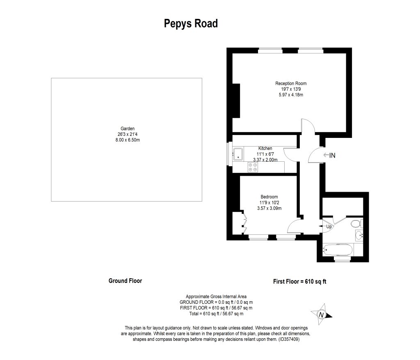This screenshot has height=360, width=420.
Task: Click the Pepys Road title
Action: click(x=191, y=23)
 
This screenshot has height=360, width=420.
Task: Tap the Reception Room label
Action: click(x=291, y=83)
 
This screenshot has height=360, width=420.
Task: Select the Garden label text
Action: click(x=128, y=128)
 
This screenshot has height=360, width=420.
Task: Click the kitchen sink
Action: click(x=238, y=154)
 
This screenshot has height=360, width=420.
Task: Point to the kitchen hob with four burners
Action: click(x=253, y=167)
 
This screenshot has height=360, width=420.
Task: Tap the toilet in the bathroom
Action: click(x=356, y=223)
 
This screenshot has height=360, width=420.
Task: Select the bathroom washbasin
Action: click(x=359, y=236)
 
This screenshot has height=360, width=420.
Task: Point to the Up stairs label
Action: click(x=329, y=227)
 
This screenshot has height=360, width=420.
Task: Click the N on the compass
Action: click(x=321, y=315)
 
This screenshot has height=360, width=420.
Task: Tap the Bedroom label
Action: click(x=269, y=197)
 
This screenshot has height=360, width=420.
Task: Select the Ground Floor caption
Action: click(x=125, y=281)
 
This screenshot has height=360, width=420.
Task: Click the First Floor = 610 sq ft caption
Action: click(x=300, y=282)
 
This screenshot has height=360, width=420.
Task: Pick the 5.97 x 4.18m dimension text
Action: click(x=291, y=95)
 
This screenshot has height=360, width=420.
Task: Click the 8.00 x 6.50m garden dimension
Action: click(x=128, y=140)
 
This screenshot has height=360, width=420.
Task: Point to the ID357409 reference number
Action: click(x=289, y=339)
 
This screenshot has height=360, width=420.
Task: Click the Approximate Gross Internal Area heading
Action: click(x=216, y=296)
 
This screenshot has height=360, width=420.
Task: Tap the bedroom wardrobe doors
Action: click(x=244, y=223)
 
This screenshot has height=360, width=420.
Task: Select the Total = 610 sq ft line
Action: click(x=216, y=314)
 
